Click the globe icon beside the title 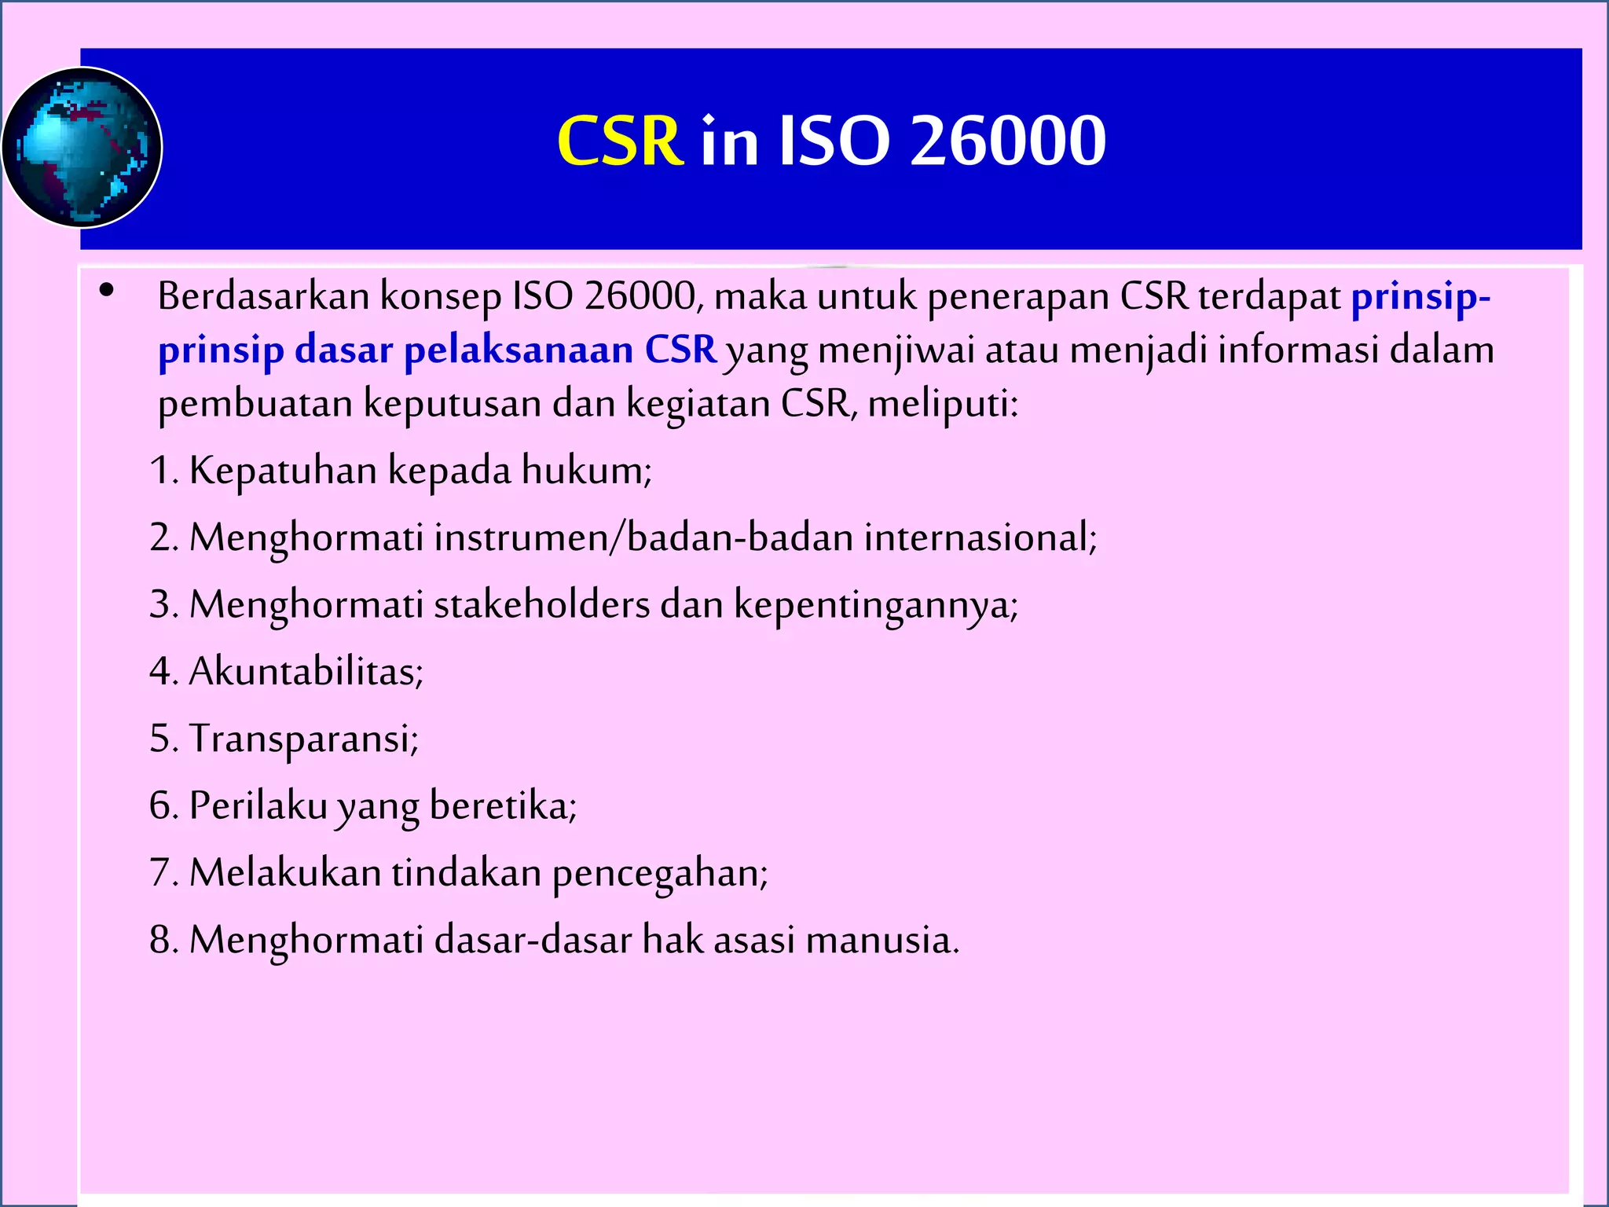(x=82, y=148)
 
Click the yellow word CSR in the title (x=620, y=141)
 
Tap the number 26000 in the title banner (x=1008, y=141)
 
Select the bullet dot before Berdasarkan (x=107, y=291)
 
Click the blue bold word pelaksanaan (x=519, y=350)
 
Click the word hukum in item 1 (x=585, y=471)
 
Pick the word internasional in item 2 (x=979, y=538)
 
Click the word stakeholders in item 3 (x=541, y=605)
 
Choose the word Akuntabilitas (x=306, y=672)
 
